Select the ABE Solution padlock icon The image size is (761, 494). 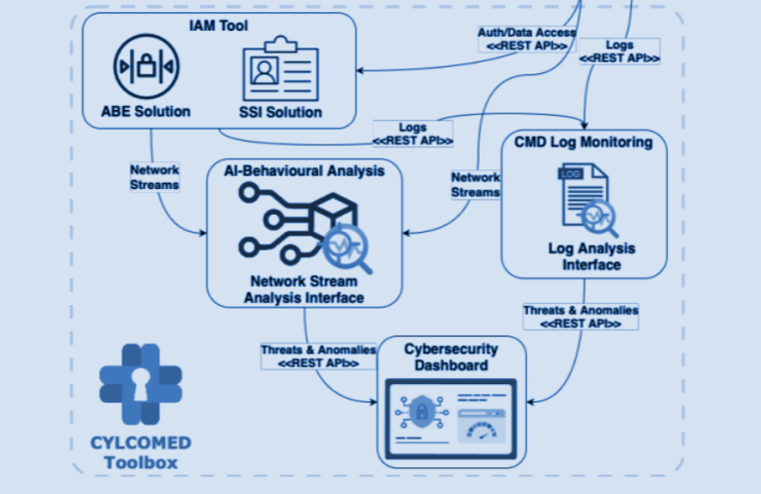click(145, 67)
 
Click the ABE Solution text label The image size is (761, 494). click(145, 111)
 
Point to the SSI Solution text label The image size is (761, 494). click(281, 112)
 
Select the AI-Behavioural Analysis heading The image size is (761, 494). click(305, 170)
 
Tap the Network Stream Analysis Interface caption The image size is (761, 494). click(305, 289)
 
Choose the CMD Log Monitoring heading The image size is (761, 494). click(584, 142)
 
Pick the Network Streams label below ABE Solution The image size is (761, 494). click(155, 176)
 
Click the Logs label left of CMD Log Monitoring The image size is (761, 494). click(412, 133)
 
